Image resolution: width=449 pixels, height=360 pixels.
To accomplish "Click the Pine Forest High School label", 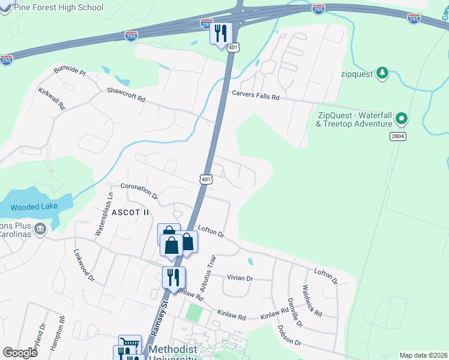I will coord(58,8).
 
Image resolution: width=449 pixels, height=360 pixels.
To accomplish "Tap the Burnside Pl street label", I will coord(70,70).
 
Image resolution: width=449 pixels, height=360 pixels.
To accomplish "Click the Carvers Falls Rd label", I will coord(257,97).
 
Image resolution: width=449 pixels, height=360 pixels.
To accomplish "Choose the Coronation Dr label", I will coord(139,190).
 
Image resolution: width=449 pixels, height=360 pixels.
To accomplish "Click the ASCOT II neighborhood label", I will coord(129,212).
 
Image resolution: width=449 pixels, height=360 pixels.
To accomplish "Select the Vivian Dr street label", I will coord(240,278).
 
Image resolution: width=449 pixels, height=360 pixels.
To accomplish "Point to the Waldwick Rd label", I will coord(313,301).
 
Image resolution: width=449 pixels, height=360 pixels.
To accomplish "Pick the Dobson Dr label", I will coord(289,335).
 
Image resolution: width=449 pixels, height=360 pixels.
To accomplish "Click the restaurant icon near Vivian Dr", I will coord(173,277).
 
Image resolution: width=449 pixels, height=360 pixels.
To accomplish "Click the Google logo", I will coord(20,352).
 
